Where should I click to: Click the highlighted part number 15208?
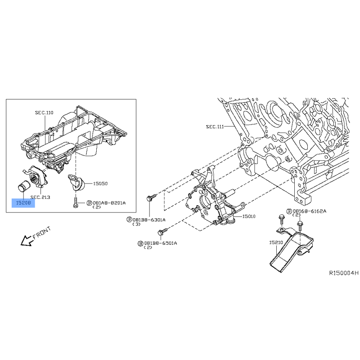[x=23, y=203]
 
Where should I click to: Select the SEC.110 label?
[x=44, y=112]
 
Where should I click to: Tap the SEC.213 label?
[x=40, y=197]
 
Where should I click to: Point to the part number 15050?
[x=100, y=184]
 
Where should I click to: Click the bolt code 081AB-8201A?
[x=109, y=203]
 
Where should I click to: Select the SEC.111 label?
[x=215, y=126]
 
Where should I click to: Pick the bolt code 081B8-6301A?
[x=149, y=220]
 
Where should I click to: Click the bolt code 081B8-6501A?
[x=161, y=243]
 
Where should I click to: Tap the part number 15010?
[x=249, y=216]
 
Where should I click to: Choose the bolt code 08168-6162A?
[x=309, y=211]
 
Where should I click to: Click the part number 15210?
[x=276, y=243]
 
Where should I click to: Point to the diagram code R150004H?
[x=344, y=273]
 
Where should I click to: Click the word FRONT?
[x=42, y=233]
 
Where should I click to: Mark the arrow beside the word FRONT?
[x=27, y=241]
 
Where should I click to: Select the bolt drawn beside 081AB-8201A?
[x=75, y=203]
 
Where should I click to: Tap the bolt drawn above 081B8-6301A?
[x=151, y=197]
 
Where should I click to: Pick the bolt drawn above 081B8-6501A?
[x=163, y=231]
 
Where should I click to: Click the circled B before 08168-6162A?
[x=289, y=211]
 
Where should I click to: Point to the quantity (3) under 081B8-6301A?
[x=136, y=224]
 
